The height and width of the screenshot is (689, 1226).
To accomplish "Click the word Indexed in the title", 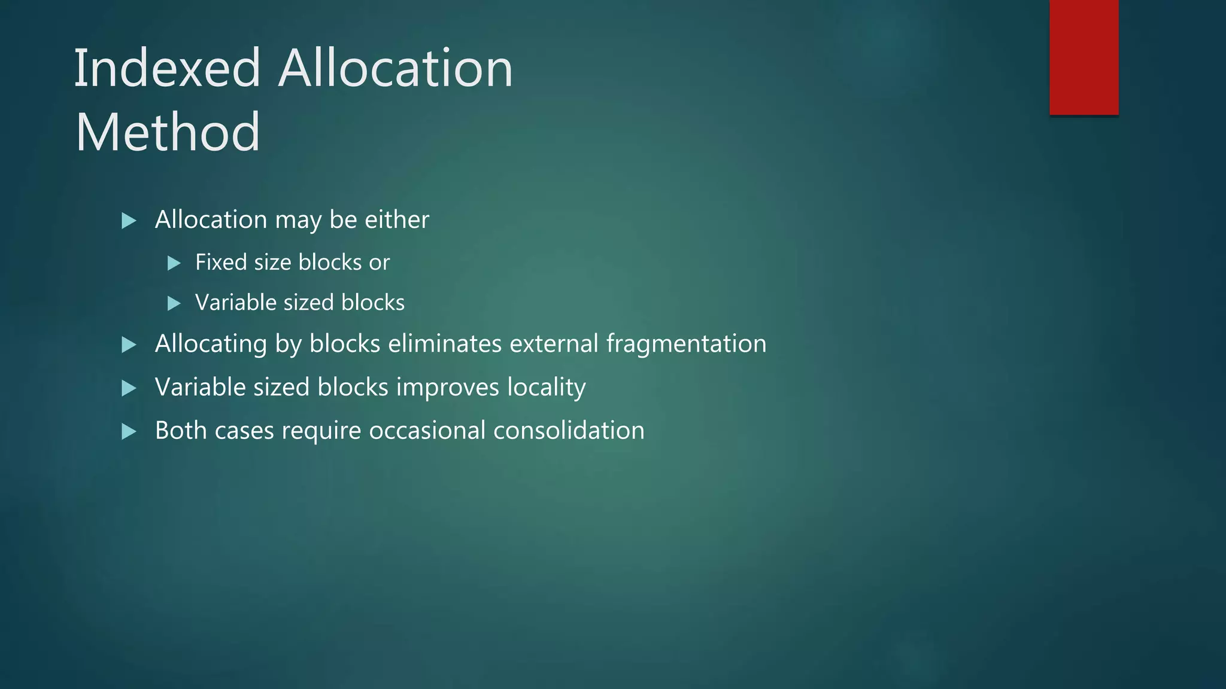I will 167,69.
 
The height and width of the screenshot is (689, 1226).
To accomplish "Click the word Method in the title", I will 168,132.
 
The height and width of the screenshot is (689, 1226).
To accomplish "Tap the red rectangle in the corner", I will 1084,57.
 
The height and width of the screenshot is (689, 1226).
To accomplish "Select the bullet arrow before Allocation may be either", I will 129,221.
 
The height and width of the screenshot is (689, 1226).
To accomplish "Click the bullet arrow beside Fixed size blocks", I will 174,263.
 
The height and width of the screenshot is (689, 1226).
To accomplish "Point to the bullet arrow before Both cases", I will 129,431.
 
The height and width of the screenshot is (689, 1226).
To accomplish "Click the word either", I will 397,220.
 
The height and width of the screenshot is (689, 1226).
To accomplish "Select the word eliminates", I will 445,344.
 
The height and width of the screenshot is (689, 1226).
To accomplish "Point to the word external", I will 554,344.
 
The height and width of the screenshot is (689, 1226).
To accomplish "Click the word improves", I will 448,388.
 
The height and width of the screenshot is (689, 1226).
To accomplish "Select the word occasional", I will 427,431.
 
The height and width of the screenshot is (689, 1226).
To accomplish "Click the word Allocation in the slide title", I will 396,69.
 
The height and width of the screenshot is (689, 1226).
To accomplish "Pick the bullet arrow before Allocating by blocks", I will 129,344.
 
